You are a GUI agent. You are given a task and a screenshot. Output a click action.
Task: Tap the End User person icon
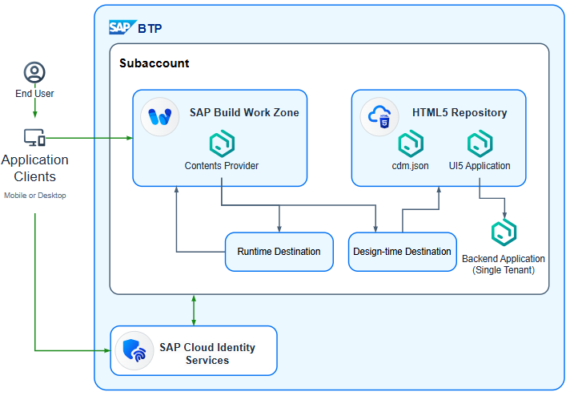click(x=34, y=73)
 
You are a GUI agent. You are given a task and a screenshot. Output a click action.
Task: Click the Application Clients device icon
click(x=34, y=137)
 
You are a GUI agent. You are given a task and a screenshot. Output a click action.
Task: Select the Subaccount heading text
click(x=155, y=63)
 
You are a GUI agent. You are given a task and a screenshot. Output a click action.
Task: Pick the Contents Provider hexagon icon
click(x=221, y=144)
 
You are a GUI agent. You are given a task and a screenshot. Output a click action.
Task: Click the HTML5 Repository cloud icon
click(x=379, y=117)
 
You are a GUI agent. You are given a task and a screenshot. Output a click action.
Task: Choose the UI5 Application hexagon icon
click(x=480, y=144)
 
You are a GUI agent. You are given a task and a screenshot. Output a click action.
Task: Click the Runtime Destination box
click(x=279, y=252)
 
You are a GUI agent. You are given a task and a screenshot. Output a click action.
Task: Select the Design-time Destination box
click(x=402, y=252)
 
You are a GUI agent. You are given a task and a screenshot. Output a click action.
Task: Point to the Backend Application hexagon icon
click(x=504, y=233)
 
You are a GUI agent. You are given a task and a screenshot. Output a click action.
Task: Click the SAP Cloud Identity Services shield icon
click(x=133, y=350)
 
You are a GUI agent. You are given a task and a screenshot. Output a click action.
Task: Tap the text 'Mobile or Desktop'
click(x=35, y=195)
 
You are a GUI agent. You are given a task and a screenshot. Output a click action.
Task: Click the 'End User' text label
click(x=34, y=94)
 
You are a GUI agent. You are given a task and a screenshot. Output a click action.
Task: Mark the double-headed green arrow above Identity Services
click(x=195, y=309)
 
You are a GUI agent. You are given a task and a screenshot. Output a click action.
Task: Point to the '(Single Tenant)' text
click(x=504, y=270)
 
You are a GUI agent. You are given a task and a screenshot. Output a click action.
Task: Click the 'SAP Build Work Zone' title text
click(x=244, y=113)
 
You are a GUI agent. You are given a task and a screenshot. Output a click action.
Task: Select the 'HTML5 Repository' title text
click(x=460, y=113)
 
